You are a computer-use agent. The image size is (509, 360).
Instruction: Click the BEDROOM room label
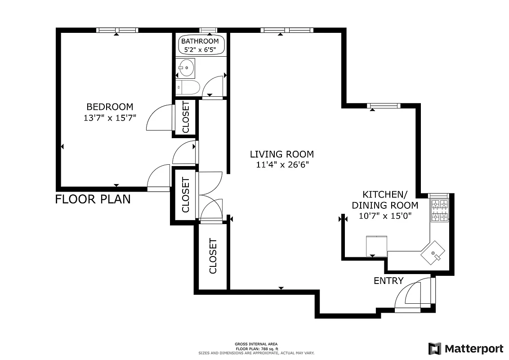point(110,107)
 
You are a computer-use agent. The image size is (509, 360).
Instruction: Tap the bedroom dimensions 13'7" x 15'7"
point(110,117)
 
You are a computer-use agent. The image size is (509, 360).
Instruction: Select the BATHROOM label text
point(200,41)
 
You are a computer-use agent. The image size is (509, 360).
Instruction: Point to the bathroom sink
point(186,68)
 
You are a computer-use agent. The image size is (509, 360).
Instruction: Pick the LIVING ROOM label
point(282,154)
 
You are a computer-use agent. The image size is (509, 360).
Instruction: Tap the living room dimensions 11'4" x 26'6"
point(282,165)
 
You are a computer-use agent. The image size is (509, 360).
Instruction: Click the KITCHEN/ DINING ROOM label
point(384,200)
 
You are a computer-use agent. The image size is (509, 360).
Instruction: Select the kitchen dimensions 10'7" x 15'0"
point(384,216)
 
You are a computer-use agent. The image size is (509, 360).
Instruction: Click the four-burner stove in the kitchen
point(440,211)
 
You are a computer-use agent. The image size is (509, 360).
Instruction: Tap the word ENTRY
point(388,281)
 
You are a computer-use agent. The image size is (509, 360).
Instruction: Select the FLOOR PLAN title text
point(93,199)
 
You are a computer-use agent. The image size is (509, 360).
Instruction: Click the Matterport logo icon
point(434,349)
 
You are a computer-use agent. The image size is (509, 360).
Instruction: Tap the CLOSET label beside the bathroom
point(186,117)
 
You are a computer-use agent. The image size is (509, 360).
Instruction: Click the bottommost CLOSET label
point(213,256)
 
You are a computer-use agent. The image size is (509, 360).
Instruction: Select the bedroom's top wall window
point(116,30)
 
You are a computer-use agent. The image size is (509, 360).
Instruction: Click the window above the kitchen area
point(384,106)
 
